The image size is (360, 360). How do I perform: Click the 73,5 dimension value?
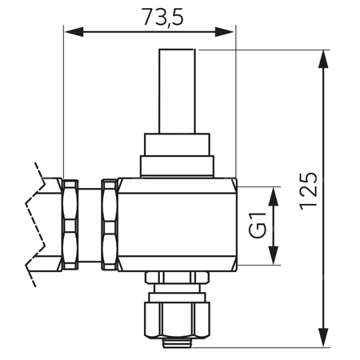(x=162, y=17)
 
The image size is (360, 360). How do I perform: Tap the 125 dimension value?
(x=309, y=191)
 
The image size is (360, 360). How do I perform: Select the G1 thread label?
(x=258, y=225)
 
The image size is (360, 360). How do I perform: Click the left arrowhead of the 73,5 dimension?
(x=74, y=32)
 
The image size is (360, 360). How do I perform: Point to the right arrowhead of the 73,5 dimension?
(x=224, y=32)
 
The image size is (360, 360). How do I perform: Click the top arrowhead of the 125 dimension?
(x=323, y=59)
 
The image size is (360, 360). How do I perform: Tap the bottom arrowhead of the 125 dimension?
(x=323, y=338)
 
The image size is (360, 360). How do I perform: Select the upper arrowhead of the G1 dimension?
(x=274, y=197)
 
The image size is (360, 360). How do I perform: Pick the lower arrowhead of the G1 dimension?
(x=274, y=255)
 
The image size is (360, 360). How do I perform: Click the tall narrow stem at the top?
(x=177, y=91)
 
